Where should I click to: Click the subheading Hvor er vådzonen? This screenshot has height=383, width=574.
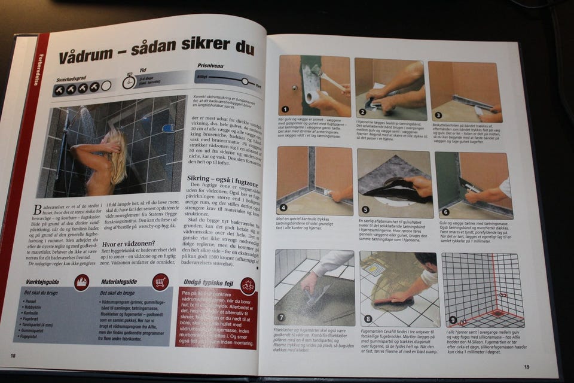(133, 244)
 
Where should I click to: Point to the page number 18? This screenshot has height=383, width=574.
(13, 355)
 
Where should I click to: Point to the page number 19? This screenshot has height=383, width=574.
(527, 367)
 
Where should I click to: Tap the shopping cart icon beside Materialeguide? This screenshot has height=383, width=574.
(160, 281)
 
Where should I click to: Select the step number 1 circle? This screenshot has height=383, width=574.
(285, 110)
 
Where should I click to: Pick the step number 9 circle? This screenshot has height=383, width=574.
(452, 320)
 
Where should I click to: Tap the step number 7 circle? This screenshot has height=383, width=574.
(282, 317)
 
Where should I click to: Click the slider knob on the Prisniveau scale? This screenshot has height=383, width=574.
(245, 81)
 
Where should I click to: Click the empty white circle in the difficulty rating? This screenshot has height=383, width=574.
(106, 86)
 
